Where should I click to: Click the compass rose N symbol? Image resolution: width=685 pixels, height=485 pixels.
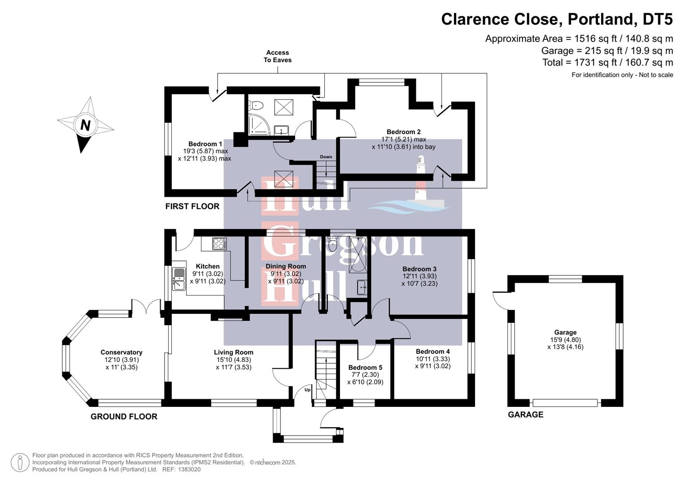[85, 125]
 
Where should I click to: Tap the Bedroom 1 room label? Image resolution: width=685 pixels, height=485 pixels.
[205, 144]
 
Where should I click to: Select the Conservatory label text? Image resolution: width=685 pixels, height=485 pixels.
[121, 353]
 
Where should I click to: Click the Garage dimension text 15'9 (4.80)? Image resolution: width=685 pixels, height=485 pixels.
[565, 340]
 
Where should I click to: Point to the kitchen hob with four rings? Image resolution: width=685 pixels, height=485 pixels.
[219, 244]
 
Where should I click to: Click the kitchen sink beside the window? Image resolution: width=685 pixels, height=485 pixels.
[179, 278]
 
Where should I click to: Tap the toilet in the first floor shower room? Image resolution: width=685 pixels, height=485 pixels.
[257, 106]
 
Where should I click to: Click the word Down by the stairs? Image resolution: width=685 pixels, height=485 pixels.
[326, 157]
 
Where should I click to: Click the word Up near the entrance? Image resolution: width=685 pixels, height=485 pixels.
[308, 389]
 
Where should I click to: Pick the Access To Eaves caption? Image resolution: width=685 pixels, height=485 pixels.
[277, 56]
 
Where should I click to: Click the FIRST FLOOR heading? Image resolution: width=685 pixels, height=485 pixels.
[192, 207]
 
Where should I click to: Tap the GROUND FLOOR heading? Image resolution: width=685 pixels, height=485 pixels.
[124, 417]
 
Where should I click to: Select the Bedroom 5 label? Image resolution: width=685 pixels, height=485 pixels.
[365, 367]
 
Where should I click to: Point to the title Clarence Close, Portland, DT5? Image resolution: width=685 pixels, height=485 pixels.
[557, 19]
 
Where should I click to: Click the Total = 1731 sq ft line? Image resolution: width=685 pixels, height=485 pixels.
[607, 62]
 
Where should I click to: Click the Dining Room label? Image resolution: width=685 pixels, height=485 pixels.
[286, 266]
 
